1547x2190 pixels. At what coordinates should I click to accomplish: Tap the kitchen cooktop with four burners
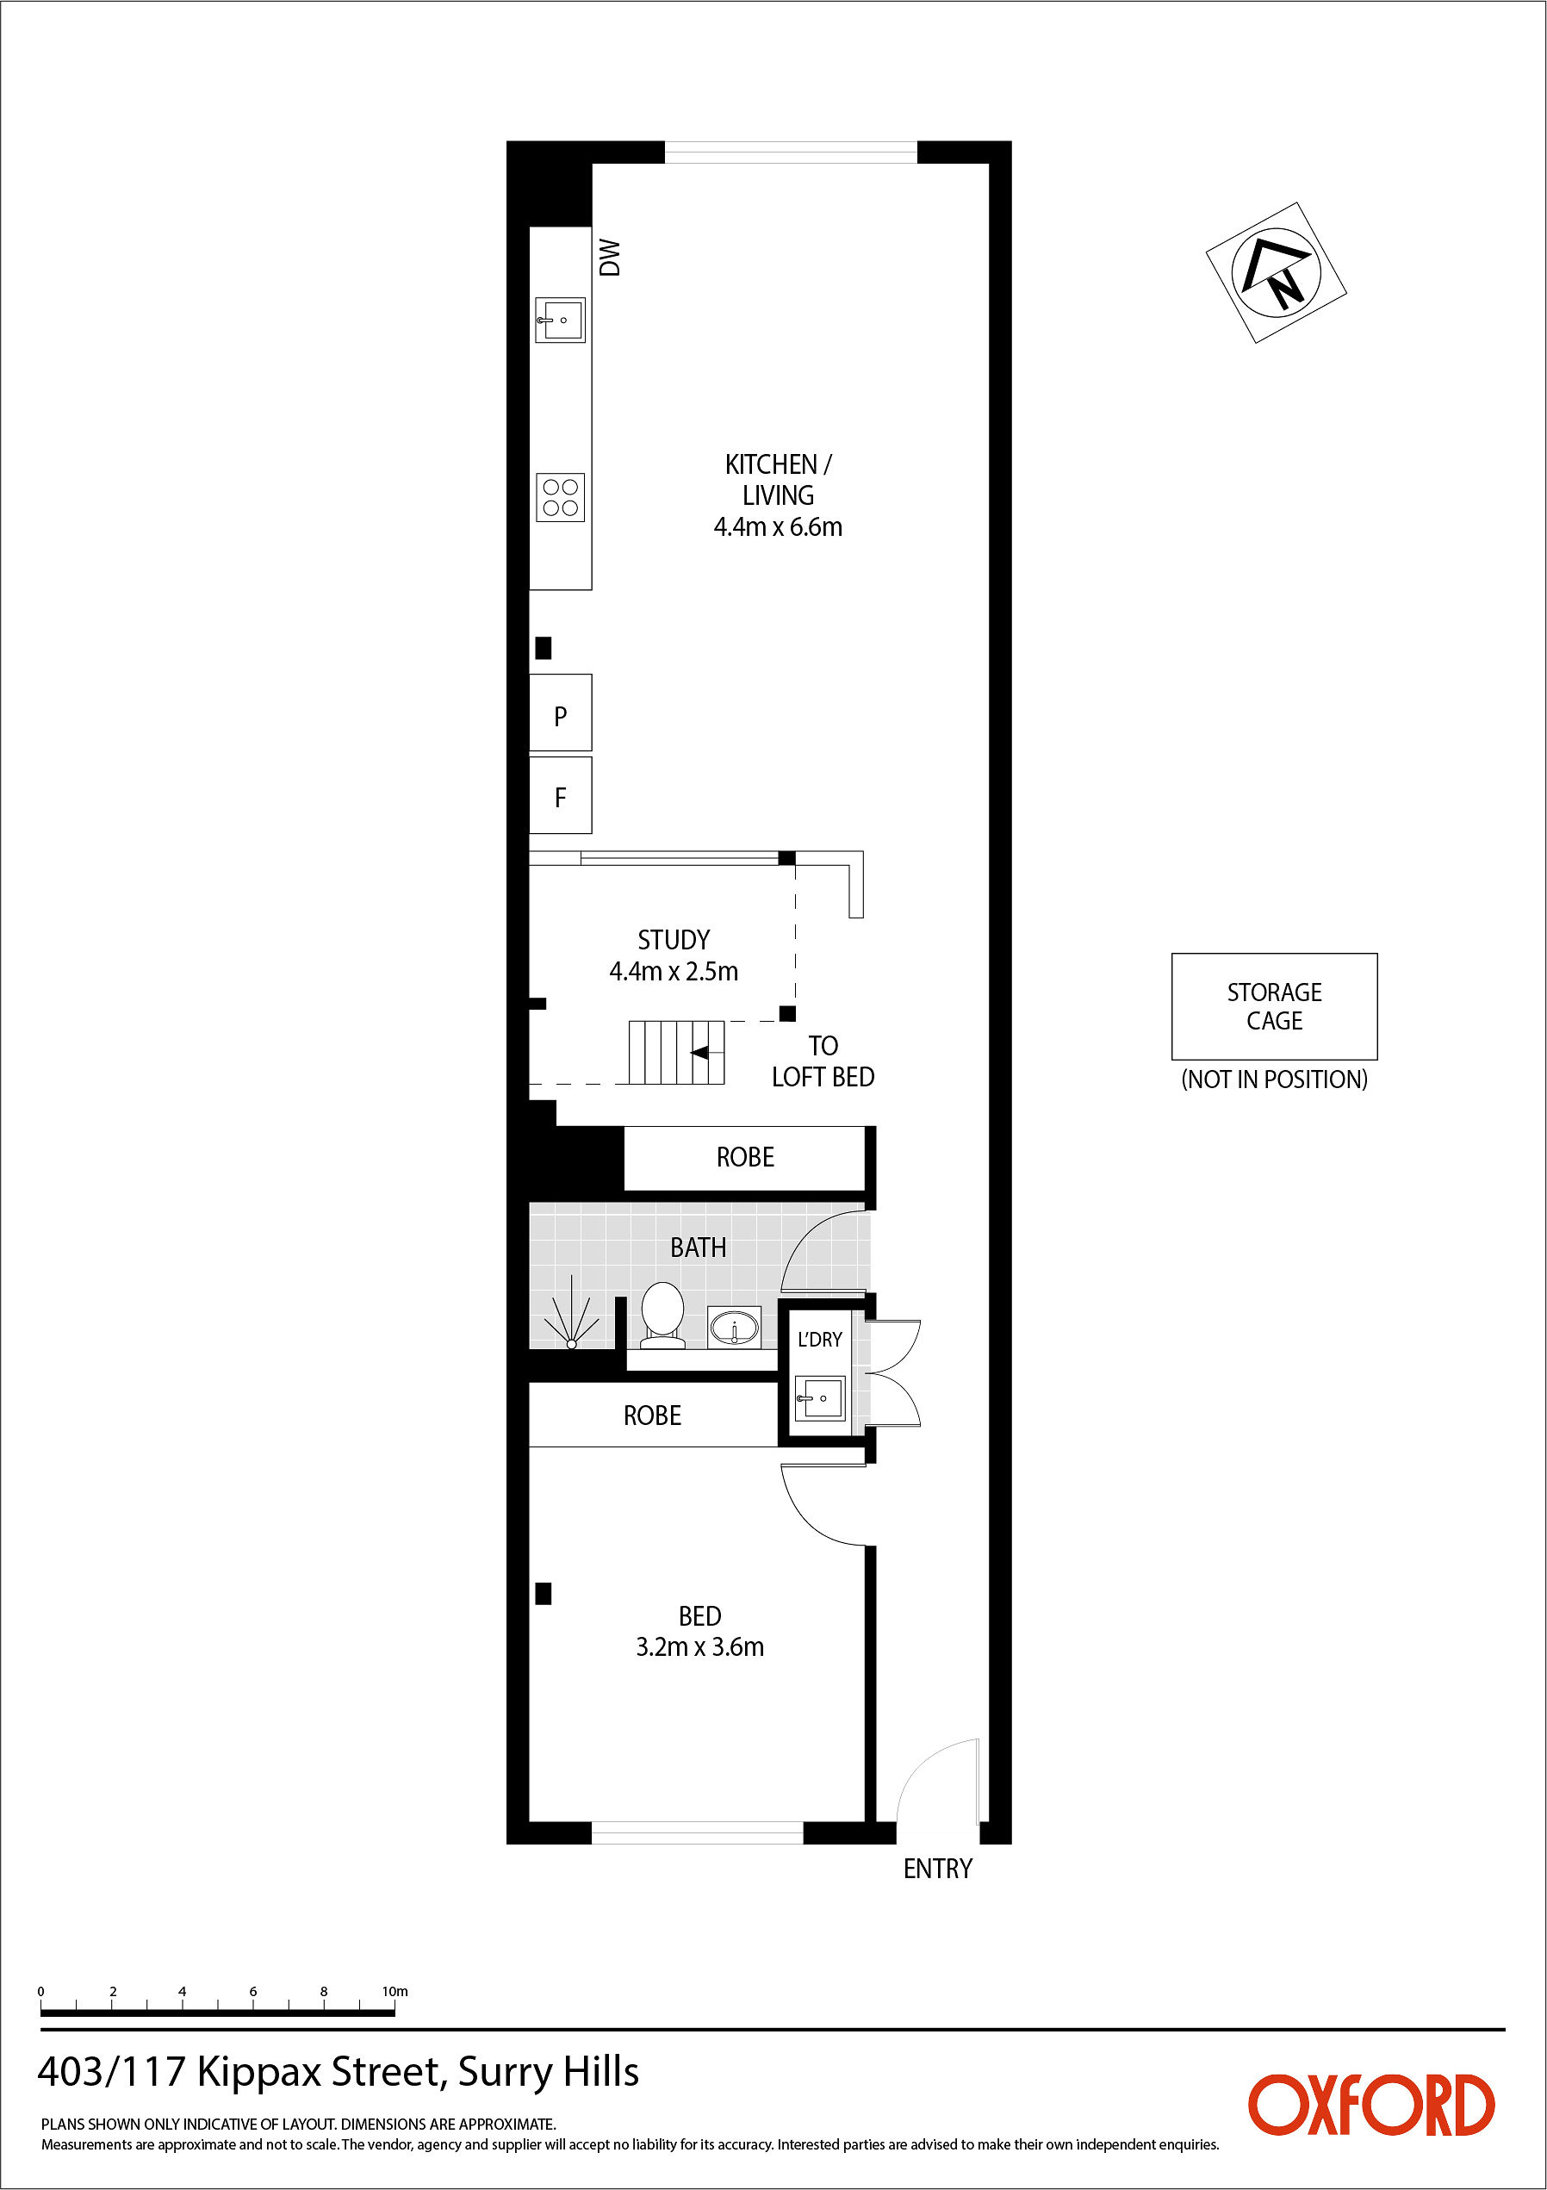(x=561, y=497)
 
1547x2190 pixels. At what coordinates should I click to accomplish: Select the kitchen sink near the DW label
(x=560, y=320)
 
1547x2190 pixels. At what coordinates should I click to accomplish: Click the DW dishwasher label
(x=610, y=258)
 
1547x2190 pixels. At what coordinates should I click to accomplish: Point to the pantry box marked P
(x=561, y=712)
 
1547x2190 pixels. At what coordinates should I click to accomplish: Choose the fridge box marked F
(x=561, y=795)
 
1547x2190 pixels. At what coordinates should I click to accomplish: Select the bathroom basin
(x=735, y=1327)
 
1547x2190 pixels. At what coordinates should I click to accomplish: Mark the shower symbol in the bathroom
(x=571, y=1320)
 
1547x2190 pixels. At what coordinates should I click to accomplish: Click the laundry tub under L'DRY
(x=819, y=1399)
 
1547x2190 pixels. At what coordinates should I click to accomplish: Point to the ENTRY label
(x=937, y=1869)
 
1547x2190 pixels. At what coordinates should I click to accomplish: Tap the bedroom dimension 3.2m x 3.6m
(x=700, y=1647)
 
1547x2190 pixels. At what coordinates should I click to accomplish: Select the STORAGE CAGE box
(x=1274, y=1006)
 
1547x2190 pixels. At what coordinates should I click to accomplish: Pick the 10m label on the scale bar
(x=395, y=1992)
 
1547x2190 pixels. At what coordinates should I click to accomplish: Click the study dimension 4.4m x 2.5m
(x=674, y=971)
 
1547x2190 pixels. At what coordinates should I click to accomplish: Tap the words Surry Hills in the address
(x=549, y=2073)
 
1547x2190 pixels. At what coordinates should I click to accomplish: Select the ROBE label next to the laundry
(x=652, y=1415)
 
